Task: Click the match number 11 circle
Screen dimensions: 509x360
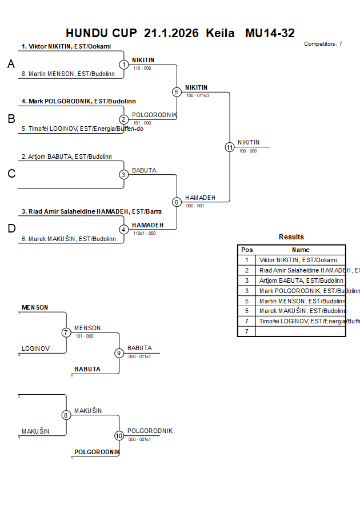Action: pos(229,147)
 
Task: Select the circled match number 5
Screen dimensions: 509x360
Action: pos(177,92)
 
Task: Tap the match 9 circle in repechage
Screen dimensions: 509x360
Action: pos(119,353)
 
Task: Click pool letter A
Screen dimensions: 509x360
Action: pos(11,65)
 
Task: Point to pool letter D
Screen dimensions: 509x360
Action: pos(11,229)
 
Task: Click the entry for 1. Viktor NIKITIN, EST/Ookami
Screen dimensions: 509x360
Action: pos(66,47)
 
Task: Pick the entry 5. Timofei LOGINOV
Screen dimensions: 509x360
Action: pos(82,129)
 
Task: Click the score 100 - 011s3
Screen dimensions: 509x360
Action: pos(197,95)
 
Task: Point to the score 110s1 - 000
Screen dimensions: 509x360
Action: pos(144,233)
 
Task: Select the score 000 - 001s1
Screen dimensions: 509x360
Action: pos(139,439)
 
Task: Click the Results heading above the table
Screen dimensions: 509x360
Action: pos(291,237)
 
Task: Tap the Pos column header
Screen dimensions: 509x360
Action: pos(247,250)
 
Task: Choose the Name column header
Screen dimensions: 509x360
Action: pos(301,250)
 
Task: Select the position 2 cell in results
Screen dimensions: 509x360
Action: pos(247,270)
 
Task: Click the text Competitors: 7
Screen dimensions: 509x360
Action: pos(323,44)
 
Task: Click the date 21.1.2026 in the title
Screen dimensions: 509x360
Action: pos(171,33)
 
